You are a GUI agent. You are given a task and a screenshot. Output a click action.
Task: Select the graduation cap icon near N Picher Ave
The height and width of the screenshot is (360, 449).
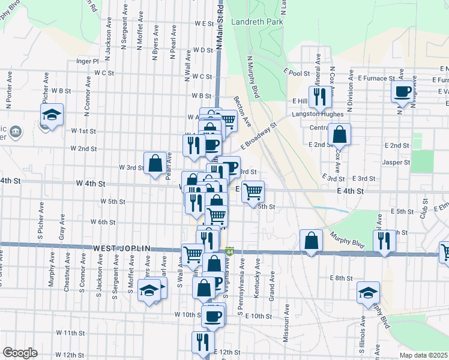pos(52,114)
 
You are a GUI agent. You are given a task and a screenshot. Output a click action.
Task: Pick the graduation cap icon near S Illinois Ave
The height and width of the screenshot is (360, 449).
pos(369,292)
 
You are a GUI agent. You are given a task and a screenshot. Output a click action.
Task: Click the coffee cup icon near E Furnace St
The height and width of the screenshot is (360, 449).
pos(402,92)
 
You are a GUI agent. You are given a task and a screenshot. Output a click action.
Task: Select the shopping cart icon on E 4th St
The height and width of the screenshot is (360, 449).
pos(253,191)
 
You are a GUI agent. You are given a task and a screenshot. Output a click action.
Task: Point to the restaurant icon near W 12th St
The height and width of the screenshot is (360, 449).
pos(203,341)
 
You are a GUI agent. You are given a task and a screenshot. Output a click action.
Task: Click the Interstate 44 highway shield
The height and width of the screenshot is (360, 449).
pos(230,250)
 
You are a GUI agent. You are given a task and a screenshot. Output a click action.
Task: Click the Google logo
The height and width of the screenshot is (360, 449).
pos(20,353)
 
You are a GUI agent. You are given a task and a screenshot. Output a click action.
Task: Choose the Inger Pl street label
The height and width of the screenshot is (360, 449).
pos(87,61)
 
